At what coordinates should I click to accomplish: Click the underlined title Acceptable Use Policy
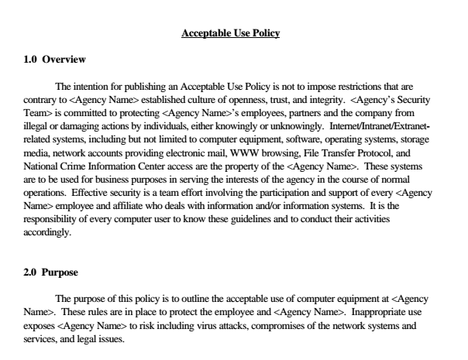pos(229,33)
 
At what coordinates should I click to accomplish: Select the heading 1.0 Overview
pos(53,60)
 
